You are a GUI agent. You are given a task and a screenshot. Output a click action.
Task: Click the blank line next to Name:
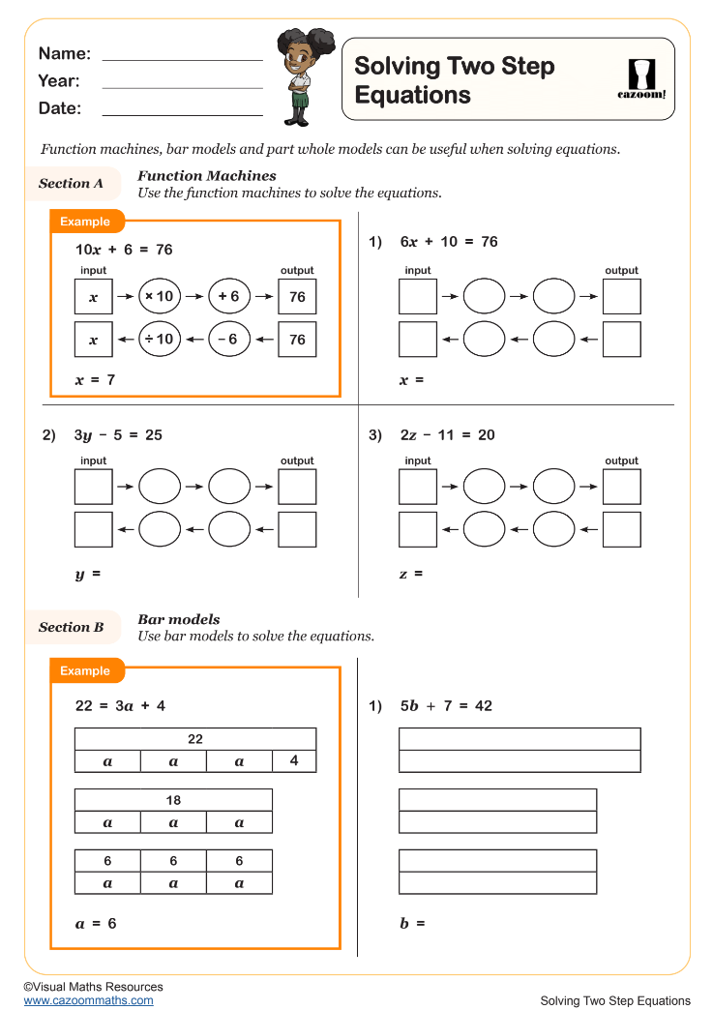182,58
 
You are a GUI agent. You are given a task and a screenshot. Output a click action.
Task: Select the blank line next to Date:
182,113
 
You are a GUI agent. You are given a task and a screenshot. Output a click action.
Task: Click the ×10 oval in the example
160,297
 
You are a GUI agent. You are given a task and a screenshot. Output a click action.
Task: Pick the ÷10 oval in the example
160,340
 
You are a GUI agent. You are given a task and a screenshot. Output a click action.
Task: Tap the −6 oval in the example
229,340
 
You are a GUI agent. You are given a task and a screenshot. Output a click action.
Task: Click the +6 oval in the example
229,297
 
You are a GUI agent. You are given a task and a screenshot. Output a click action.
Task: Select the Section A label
71,183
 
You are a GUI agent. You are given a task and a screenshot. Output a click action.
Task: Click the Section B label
71,627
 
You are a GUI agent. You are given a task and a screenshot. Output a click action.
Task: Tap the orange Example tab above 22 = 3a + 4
86,670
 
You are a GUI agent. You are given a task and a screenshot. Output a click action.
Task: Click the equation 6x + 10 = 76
449,242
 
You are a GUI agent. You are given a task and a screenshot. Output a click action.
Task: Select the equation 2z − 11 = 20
447,435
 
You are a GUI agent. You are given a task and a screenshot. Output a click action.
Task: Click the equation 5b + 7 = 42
446,706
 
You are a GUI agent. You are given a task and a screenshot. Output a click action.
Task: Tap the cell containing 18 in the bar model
173,800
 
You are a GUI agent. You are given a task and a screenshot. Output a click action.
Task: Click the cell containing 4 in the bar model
294,760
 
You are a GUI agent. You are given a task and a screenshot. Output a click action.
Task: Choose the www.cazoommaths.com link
88,1000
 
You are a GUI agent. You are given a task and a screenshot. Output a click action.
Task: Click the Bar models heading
179,619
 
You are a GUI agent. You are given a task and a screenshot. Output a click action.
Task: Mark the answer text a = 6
96,924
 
